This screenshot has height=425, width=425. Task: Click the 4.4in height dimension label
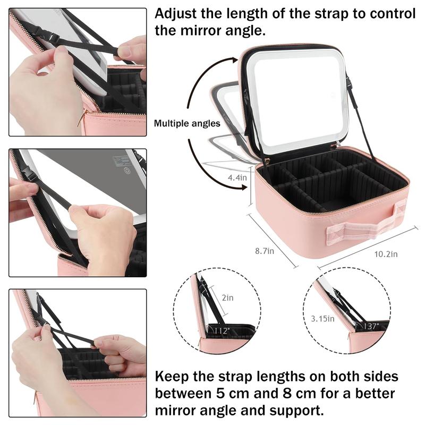tap(237, 177)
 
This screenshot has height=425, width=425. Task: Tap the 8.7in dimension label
tap(263, 250)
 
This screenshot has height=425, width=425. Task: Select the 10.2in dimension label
tap(385, 254)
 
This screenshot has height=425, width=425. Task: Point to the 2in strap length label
tap(227, 298)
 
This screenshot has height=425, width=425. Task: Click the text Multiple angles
tap(187, 123)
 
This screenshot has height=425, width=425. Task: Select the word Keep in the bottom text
tap(172, 377)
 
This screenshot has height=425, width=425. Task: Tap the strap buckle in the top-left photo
tap(49, 38)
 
